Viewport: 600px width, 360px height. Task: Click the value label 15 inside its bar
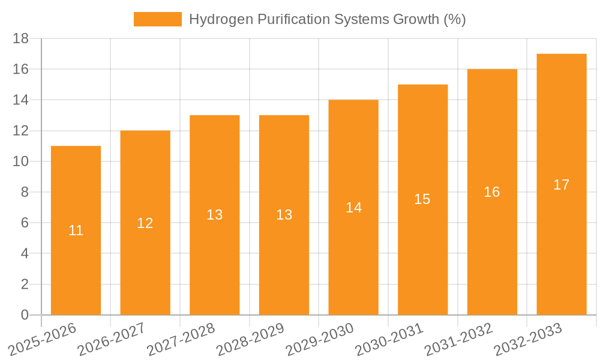coord(422,199)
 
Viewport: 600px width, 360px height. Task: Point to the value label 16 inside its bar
coord(492,192)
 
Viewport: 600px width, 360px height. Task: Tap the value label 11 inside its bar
coord(76,230)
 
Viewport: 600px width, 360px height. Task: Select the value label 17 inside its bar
coord(562,185)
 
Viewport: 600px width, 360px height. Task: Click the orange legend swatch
coord(157,19)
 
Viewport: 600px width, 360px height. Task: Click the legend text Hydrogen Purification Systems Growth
coord(327,19)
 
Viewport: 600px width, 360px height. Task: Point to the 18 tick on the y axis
coord(21,38)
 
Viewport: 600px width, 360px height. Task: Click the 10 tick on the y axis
coord(21,161)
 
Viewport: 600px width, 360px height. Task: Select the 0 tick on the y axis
coord(25,315)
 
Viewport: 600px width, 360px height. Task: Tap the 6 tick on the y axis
coord(25,223)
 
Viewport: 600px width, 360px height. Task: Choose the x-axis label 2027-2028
coord(180,338)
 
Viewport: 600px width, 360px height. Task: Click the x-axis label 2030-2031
coord(388,338)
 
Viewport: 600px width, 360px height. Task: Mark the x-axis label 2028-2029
coord(250,338)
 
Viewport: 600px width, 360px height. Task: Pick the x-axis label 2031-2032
coord(458,338)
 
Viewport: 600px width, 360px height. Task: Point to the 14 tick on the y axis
coord(21,100)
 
